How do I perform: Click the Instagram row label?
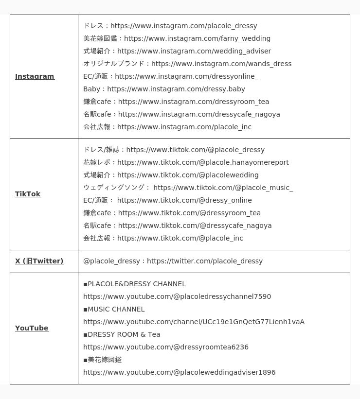pyautogui.click(x=35, y=76)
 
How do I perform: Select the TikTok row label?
pyautogui.click(x=28, y=194)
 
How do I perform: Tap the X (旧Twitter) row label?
pyautogui.click(x=39, y=261)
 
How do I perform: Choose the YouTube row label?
pyautogui.click(x=32, y=328)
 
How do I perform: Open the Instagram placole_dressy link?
pyautogui.click(x=183, y=26)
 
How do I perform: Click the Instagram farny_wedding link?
pyautogui.click(x=197, y=38)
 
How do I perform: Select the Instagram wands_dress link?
pyautogui.click(x=221, y=64)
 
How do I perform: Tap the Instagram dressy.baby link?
pyautogui.click(x=176, y=89)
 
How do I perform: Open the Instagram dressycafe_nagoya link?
pyautogui.click(x=199, y=114)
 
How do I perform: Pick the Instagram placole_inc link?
pyautogui.click(x=184, y=127)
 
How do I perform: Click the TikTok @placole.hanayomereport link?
pyautogui.click(x=203, y=162)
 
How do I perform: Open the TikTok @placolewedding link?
pyautogui.click(x=188, y=175)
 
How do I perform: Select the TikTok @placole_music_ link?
pyautogui.click(x=223, y=188)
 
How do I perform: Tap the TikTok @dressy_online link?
pyautogui.click(x=184, y=200)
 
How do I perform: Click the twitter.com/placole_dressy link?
pyautogui.click(x=205, y=261)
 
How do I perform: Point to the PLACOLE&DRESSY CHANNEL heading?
pyautogui.click(x=136, y=284)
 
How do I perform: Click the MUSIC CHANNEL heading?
pyautogui.click(x=116, y=309)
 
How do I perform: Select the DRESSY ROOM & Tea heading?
pyautogui.click(x=124, y=334)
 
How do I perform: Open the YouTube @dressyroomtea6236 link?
pyautogui.click(x=166, y=347)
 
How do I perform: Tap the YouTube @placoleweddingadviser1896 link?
pyautogui.click(x=179, y=372)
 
